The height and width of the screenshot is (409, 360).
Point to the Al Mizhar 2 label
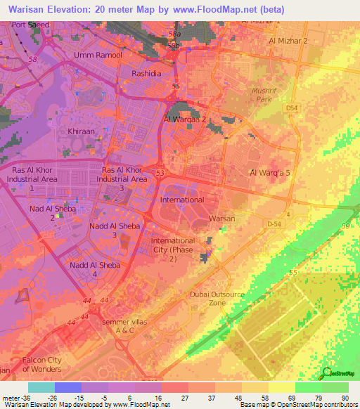pyautogui.click(x=288, y=41)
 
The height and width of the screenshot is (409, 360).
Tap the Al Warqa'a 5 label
pyautogui.click(x=269, y=172)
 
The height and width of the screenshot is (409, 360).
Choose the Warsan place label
pyautogui.click(x=223, y=219)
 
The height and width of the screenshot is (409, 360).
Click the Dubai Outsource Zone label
pyautogui.click(x=218, y=298)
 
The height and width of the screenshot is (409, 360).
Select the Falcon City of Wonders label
pyautogui.click(x=42, y=365)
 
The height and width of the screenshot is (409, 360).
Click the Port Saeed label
pyautogui.click(x=29, y=25)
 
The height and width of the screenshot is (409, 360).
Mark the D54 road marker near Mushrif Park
pyautogui.click(x=291, y=108)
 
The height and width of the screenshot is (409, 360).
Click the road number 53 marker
pyautogui.click(x=160, y=172)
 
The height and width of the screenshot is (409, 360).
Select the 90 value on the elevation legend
pyautogui.click(x=345, y=397)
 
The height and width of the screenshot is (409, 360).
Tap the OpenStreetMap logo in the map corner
pyautogui.click(x=338, y=372)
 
